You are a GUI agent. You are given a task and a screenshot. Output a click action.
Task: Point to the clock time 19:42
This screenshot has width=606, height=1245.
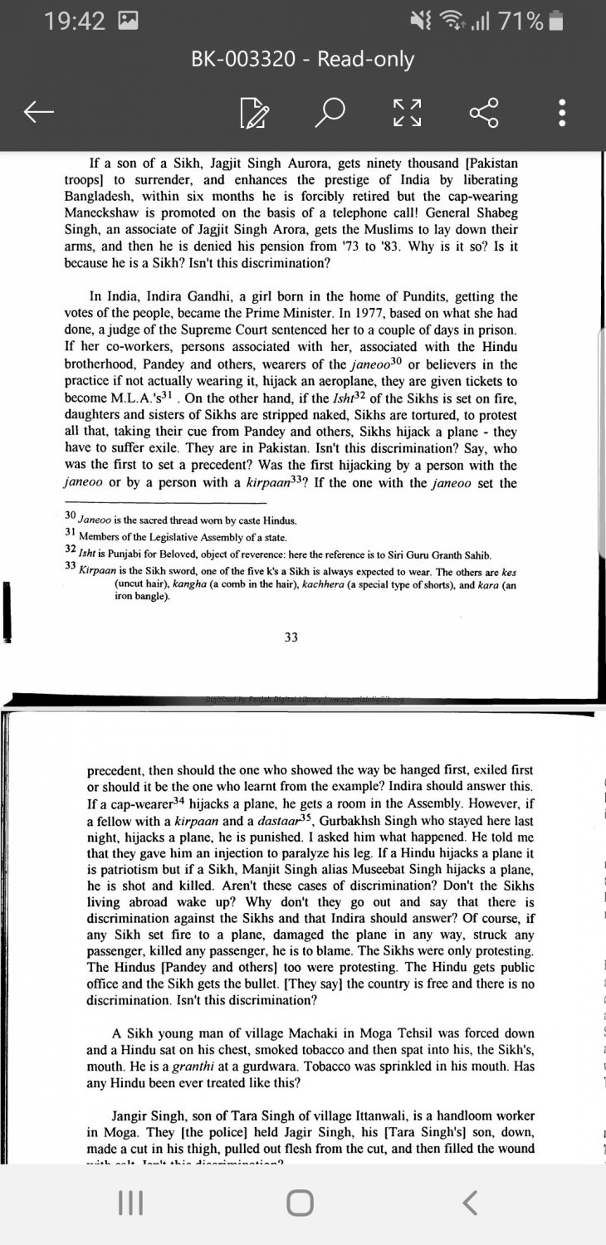click(76, 22)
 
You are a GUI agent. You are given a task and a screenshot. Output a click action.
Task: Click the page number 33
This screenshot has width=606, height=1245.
click(291, 637)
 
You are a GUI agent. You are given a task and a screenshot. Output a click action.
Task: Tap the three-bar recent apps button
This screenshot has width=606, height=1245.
click(128, 1202)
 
